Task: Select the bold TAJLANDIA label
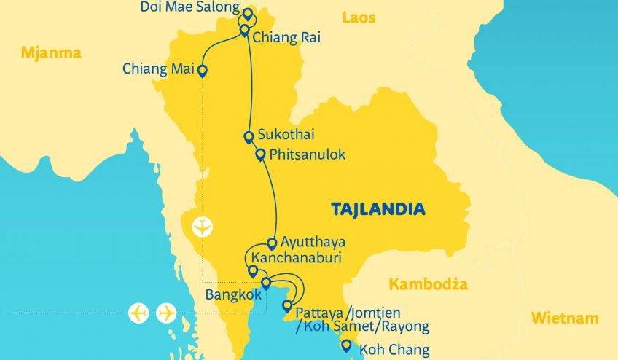click(x=378, y=210)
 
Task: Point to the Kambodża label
click(x=428, y=284)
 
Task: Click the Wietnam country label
click(x=565, y=318)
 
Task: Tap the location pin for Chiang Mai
click(x=202, y=71)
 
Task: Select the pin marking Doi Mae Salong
click(x=248, y=14)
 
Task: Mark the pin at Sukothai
click(x=249, y=136)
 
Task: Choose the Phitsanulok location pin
click(x=260, y=154)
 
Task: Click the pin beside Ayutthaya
click(x=272, y=243)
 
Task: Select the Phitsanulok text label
click(x=307, y=155)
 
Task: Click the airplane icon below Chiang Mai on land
click(x=202, y=227)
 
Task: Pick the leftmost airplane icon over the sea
click(x=138, y=313)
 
